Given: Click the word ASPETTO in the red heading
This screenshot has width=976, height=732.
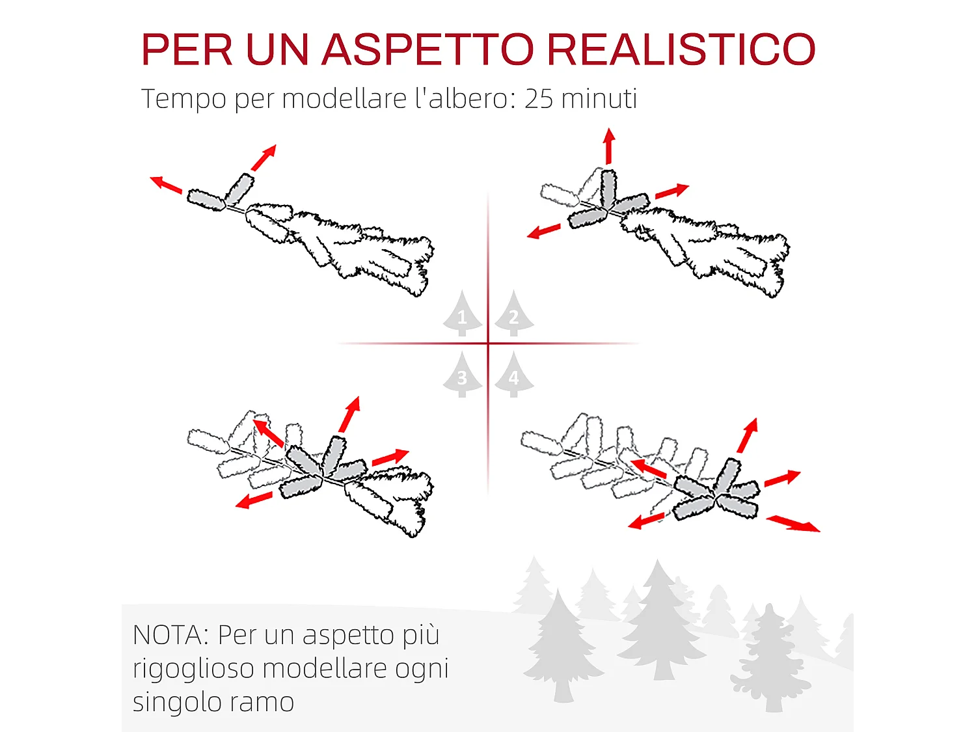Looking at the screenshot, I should [x=427, y=49].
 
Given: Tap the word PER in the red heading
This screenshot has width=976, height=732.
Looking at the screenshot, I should [x=187, y=49].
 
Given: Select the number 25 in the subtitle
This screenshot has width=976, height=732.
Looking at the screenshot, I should [x=539, y=99].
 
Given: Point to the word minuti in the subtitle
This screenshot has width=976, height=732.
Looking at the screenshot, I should [x=599, y=99].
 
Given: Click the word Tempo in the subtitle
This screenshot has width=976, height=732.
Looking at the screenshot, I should [x=183, y=99].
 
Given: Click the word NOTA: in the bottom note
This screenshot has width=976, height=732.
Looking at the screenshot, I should [x=171, y=635].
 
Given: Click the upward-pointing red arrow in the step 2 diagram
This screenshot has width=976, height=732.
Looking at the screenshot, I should [x=609, y=146].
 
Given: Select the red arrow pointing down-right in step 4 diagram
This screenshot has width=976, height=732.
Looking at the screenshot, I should [x=793, y=523].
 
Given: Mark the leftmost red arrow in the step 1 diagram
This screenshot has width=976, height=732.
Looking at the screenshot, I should [x=166, y=185].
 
